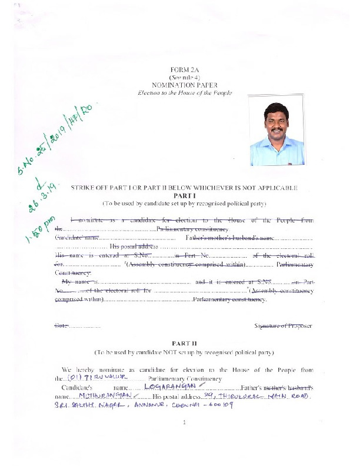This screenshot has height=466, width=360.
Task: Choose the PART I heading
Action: [x=185, y=195]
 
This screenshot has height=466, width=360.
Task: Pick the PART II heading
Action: [x=185, y=342]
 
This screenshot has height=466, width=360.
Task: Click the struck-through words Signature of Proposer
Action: [x=283, y=325]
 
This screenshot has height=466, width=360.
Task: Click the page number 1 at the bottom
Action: [x=185, y=439]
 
